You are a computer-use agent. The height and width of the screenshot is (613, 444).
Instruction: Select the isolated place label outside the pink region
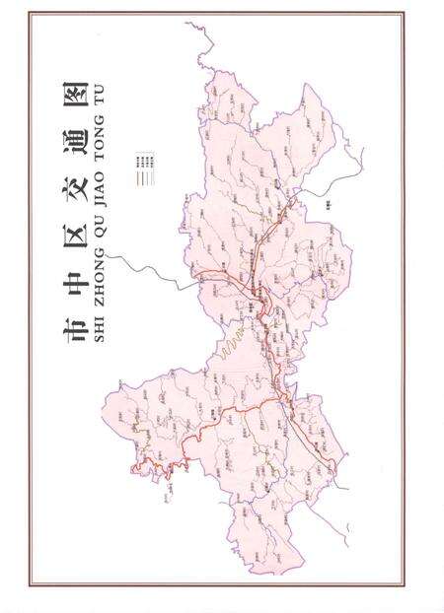click(327, 204)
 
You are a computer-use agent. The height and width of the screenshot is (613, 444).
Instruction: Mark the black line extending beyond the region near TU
click(202, 34)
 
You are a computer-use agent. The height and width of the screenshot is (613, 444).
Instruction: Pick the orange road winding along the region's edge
click(158, 463)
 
